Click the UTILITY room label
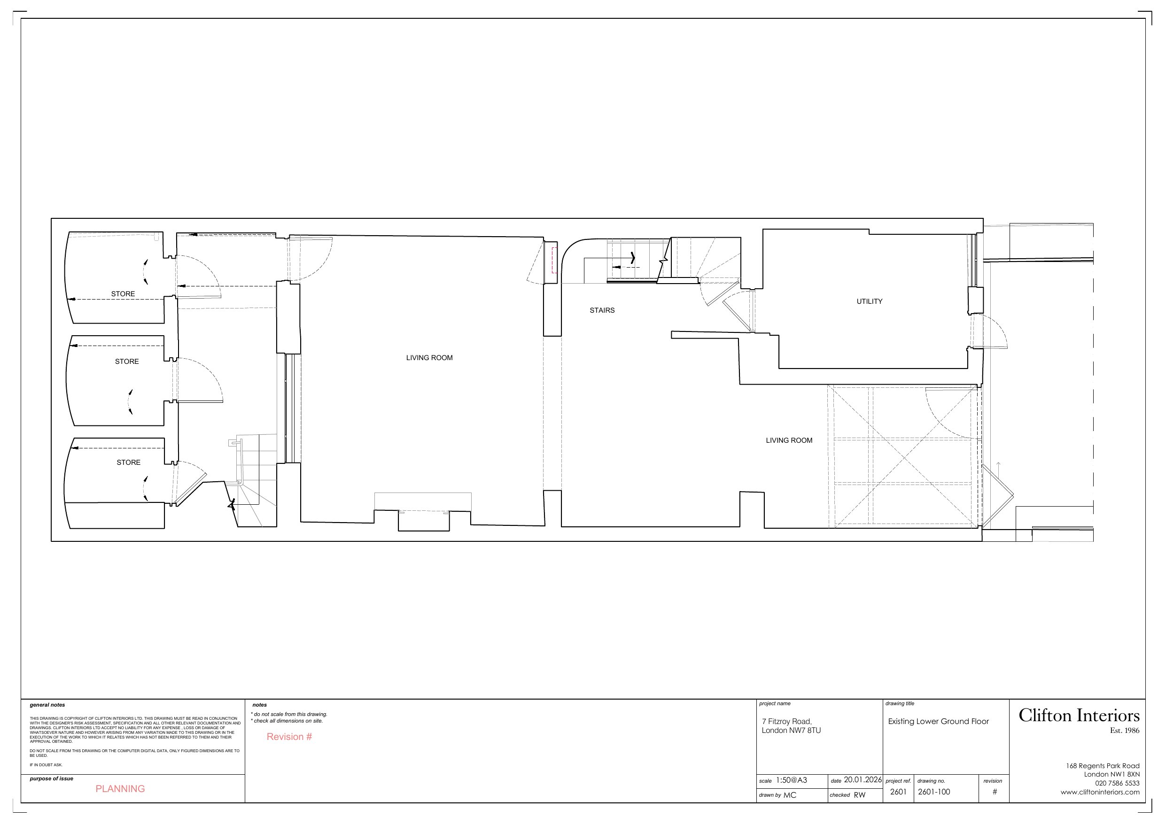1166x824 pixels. (869, 301)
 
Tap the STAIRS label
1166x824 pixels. (602, 310)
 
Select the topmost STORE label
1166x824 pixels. (123, 294)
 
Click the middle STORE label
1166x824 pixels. (126, 362)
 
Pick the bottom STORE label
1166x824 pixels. (128, 462)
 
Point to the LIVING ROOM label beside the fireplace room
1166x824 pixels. (429, 358)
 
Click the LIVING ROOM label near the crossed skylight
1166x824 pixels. (789, 441)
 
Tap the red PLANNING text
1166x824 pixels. (120, 788)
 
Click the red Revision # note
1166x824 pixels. (289, 737)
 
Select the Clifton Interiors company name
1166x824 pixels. (1079, 716)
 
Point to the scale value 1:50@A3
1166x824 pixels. (791, 780)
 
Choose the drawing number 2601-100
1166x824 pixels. (933, 792)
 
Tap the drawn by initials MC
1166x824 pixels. (790, 795)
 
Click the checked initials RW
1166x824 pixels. (859, 795)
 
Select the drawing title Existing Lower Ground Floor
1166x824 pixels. (938, 722)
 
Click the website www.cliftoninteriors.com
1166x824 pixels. (1099, 792)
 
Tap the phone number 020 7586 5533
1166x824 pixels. (1117, 783)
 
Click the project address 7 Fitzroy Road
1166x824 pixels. (786, 722)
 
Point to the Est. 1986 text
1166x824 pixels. (1124, 731)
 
